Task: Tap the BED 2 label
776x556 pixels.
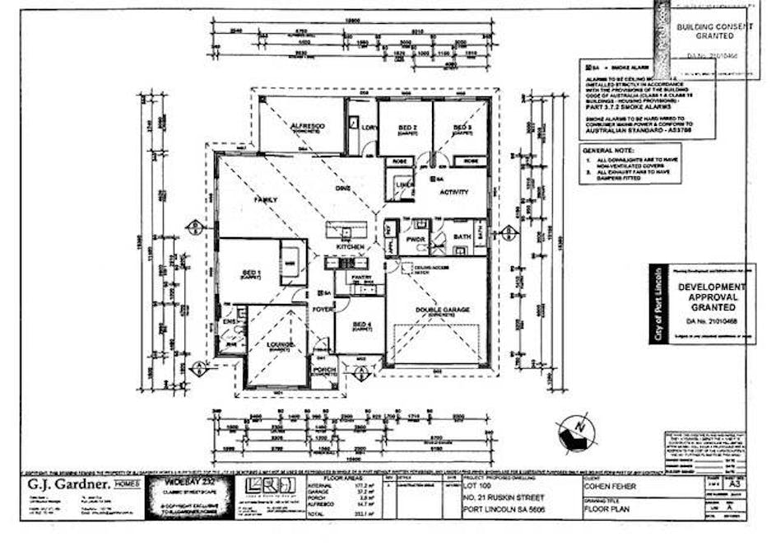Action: coord(407,128)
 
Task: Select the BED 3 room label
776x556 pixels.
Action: coord(461,128)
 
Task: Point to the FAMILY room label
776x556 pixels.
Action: coord(266,200)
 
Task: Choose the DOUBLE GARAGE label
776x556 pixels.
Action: coord(442,311)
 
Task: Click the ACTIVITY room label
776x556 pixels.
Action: coord(453,193)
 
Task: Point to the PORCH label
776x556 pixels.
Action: coord(323,370)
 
